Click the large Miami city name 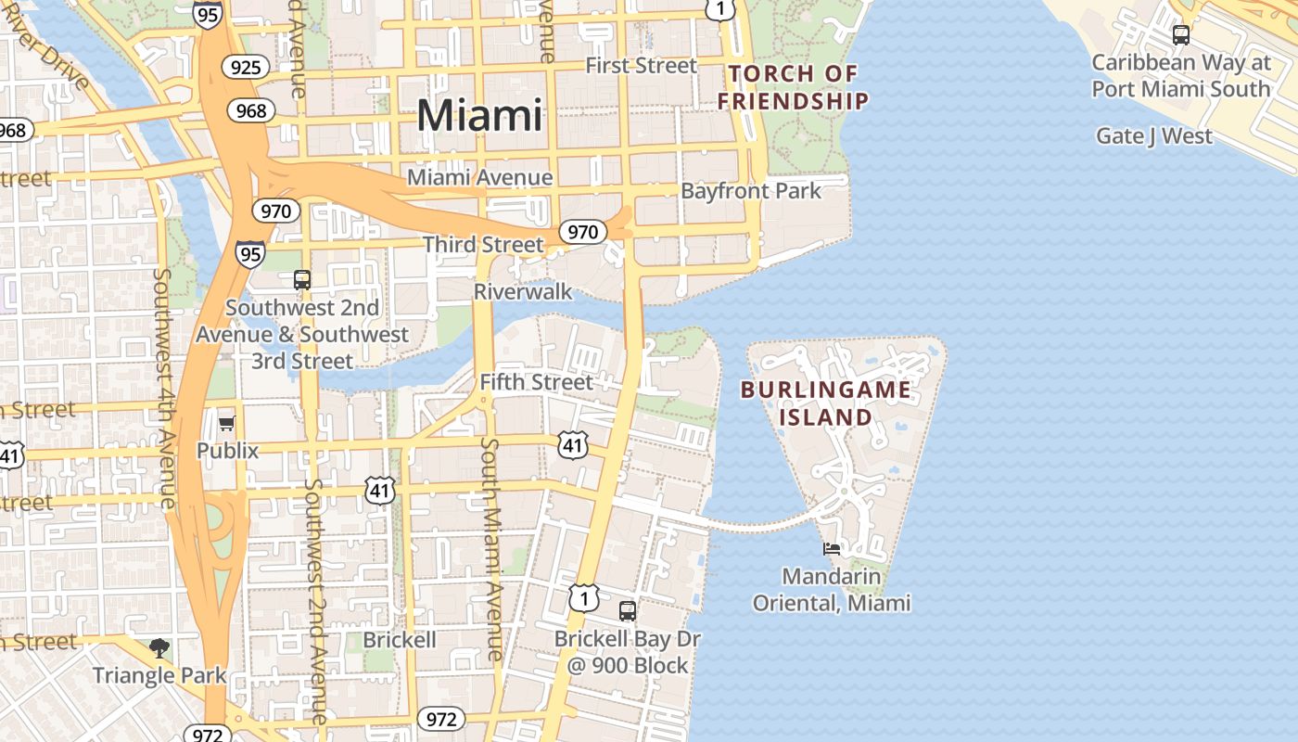point(479,116)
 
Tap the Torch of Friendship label point(794,87)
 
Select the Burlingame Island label point(825,403)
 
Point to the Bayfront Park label point(751,191)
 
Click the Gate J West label point(1153,136)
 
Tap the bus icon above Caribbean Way point(1180,35)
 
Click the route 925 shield point(246,67)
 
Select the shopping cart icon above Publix point(226,424)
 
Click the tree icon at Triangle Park point(159,647)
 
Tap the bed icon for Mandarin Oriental point(832,549)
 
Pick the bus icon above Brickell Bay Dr point(628,611)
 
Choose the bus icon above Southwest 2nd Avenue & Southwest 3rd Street point(301,279)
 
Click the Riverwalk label point(523,292)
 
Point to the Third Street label point(483,245)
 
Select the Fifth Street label point(536,382)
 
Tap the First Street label point(641,66)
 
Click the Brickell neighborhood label point(399,640)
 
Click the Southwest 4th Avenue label point(165,390)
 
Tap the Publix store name point(227,451)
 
